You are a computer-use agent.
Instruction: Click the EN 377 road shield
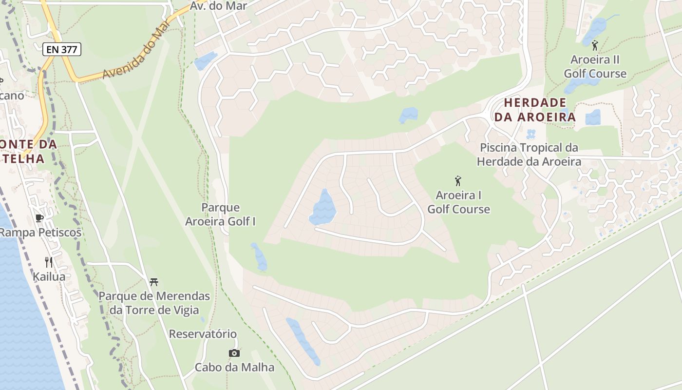click(x=61, y=49)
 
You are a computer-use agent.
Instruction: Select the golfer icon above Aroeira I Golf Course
click(x=458, y=181)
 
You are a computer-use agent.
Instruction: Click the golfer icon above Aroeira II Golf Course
click(x=594, y=46)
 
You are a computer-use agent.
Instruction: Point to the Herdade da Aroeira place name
click(x=535, y=110)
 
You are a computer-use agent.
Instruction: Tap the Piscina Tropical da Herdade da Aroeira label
click(x=529, y=155)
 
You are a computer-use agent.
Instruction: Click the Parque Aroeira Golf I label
click(x=220, y=214)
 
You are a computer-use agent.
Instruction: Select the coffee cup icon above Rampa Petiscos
click(x=39, y=218)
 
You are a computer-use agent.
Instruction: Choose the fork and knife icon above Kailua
click(x=49, y=262)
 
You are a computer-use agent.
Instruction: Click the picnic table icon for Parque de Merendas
click(x=154, y=282)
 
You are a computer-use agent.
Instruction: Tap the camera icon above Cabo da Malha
click(x=234, y=353)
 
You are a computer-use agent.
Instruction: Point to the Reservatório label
click(x=203, y=334)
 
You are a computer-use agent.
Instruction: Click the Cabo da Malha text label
click(x=234, y=367)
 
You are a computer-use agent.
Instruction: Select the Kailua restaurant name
click(x=49, y=276)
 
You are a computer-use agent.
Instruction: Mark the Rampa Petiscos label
click(x=40, y=233)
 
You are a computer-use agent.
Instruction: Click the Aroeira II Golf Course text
click(x=595, y=67)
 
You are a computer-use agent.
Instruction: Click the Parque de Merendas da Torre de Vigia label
click(x=154, y=303)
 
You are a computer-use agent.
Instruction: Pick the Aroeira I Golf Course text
click(x=458, y=202)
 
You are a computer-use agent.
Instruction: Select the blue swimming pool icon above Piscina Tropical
click(x=530, y=134)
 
